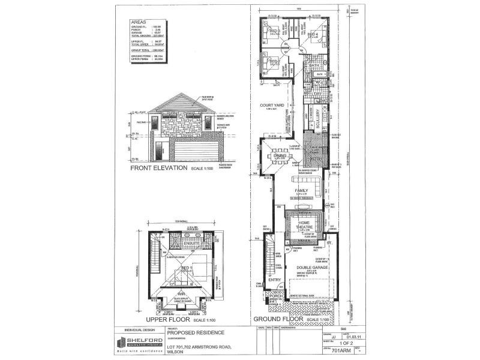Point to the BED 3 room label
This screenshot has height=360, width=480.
point(273,31)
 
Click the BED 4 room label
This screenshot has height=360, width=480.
point(312,35)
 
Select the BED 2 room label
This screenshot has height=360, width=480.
point(273,62)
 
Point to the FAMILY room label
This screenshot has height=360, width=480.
point(301,191)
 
